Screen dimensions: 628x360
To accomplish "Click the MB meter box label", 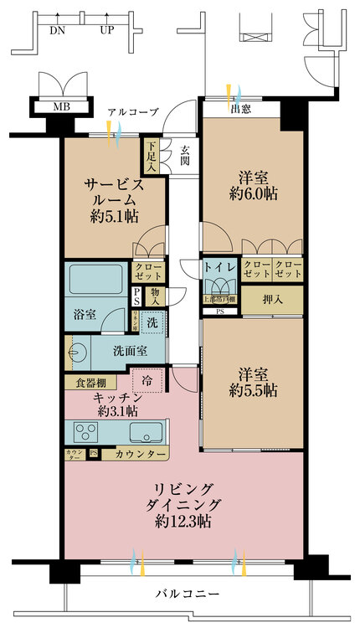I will [x=61, y=107].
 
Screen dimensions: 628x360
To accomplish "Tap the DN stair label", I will [x=58, y=30].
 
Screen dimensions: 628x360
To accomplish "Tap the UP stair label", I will [x=107, y=30].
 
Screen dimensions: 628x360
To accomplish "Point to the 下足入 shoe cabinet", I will [x=150, y=153].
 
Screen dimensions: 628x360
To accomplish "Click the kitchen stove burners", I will [x=87, y=432].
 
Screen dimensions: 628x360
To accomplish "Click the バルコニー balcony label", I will [x=188, y=594].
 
